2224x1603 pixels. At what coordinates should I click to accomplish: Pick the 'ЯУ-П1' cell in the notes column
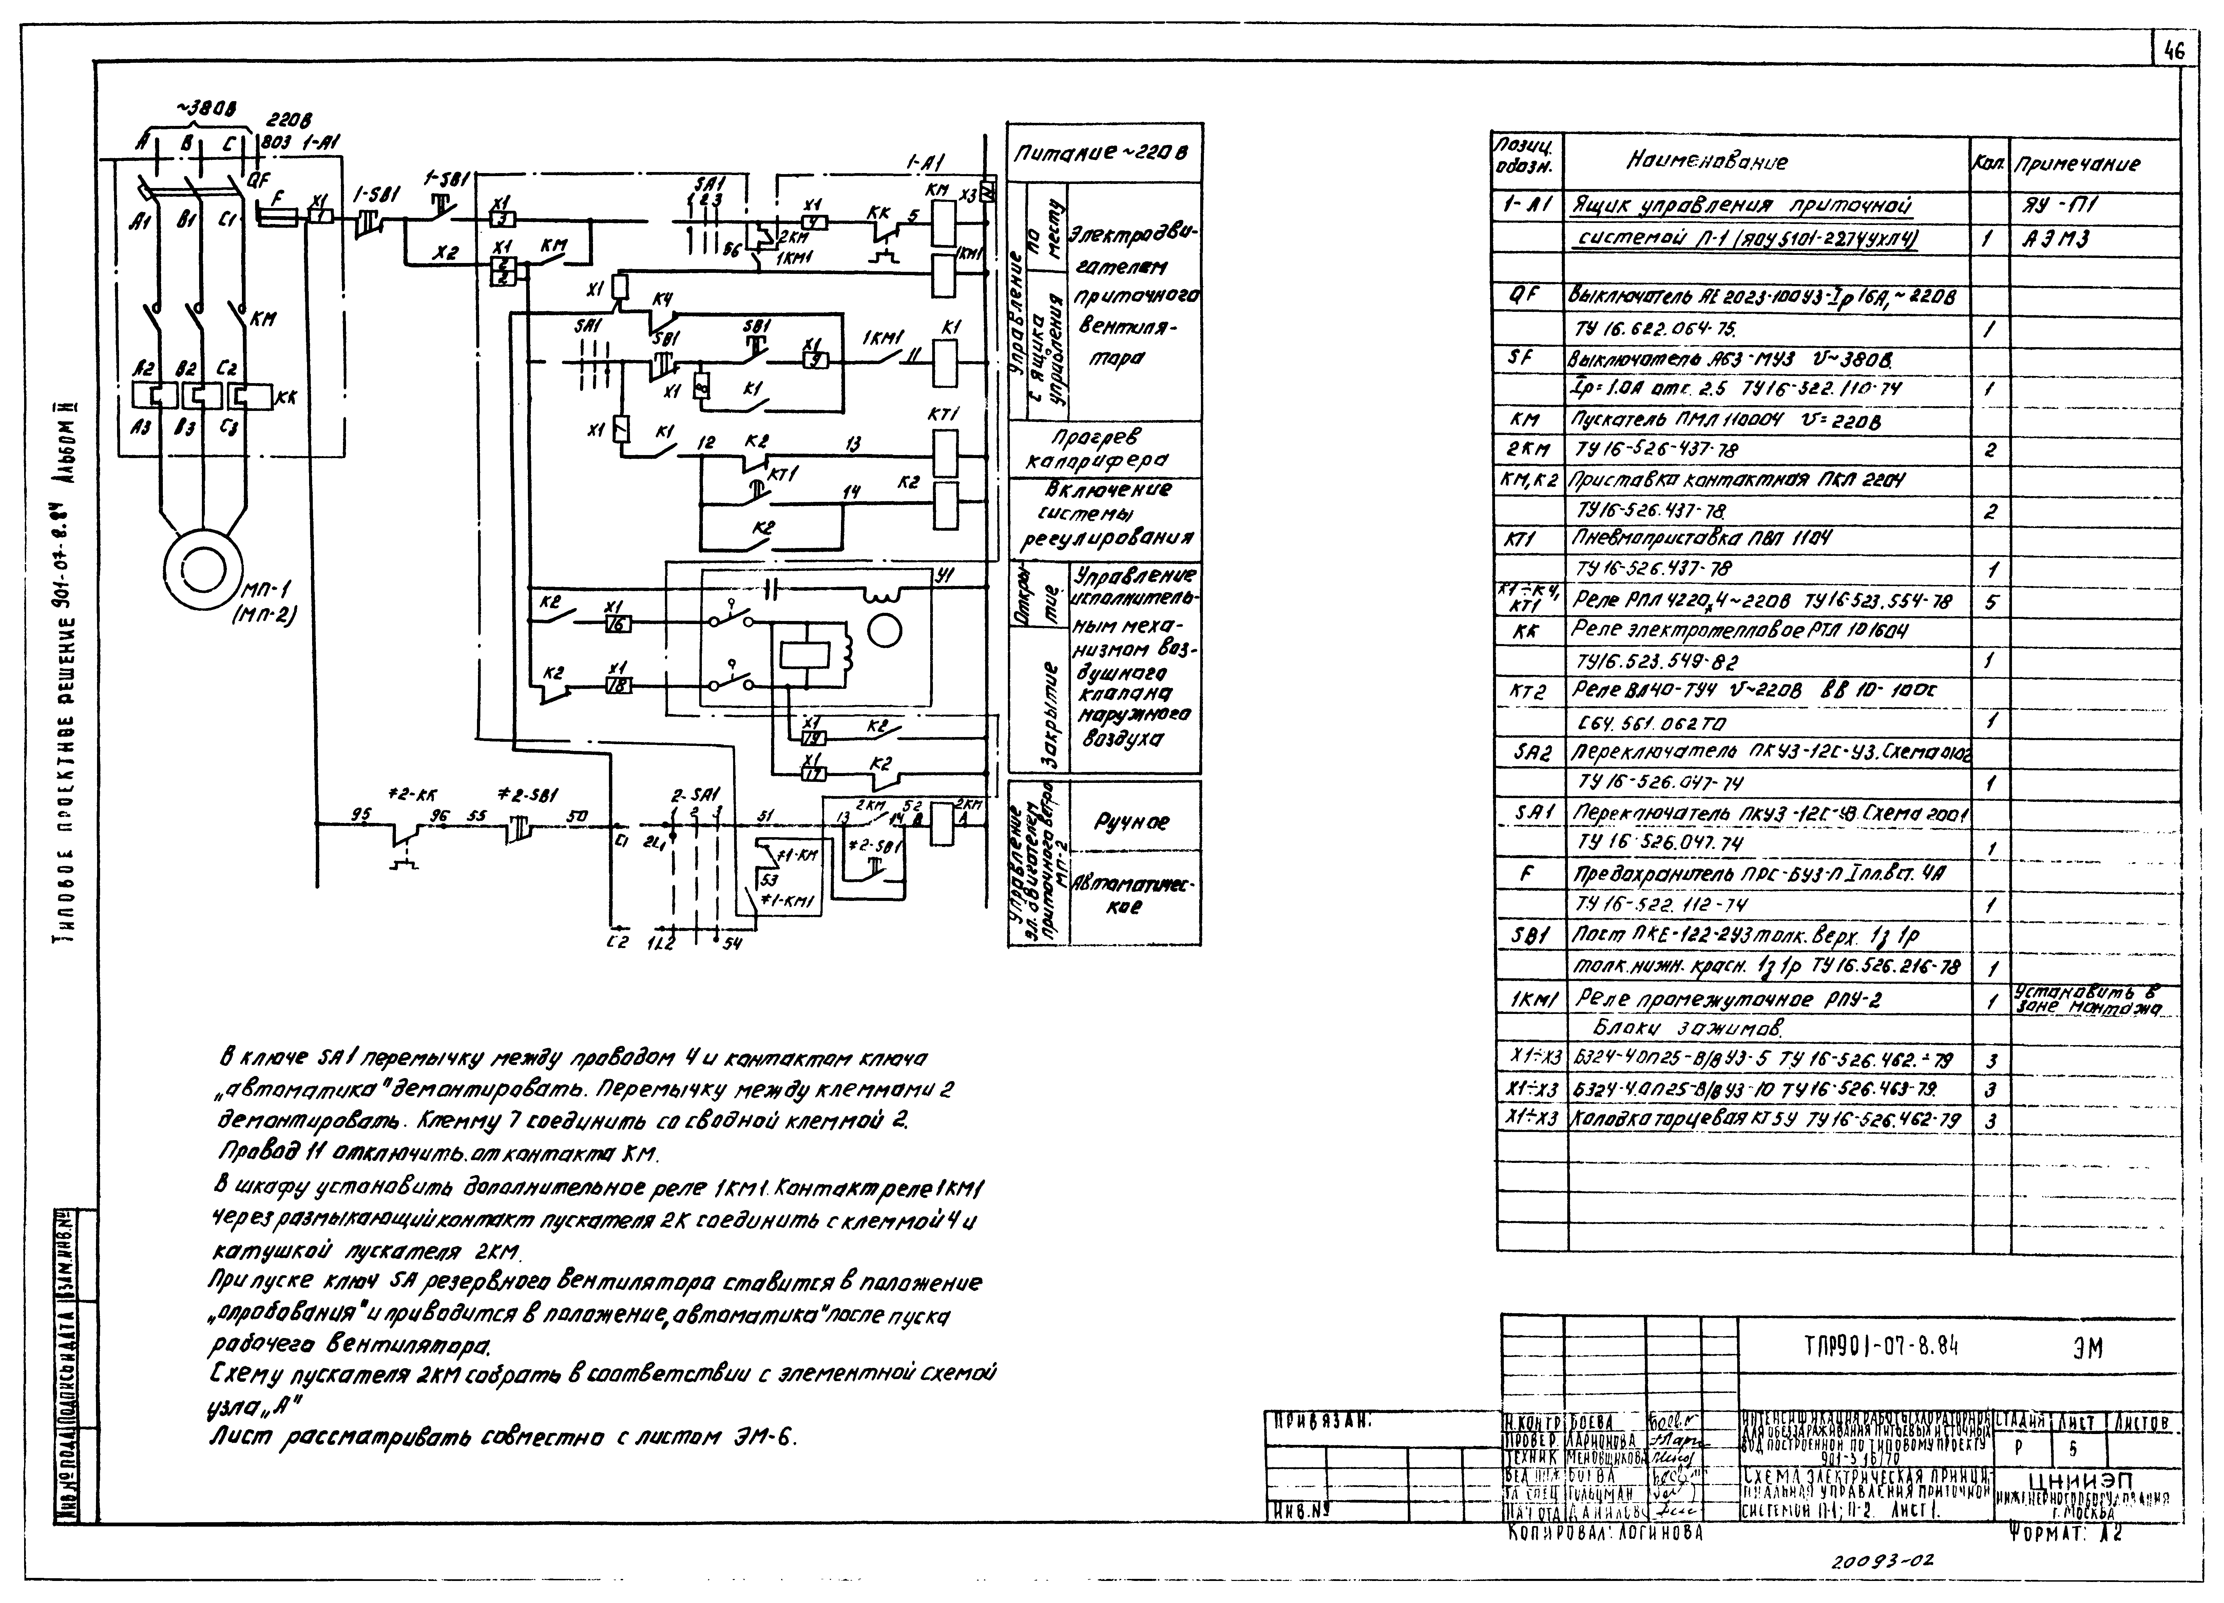pos(2056,206)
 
